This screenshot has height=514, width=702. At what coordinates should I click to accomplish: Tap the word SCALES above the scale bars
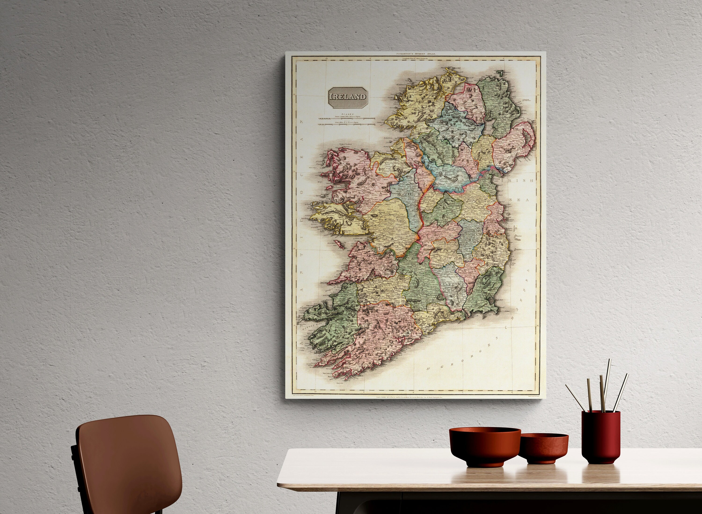coord(347,114)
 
